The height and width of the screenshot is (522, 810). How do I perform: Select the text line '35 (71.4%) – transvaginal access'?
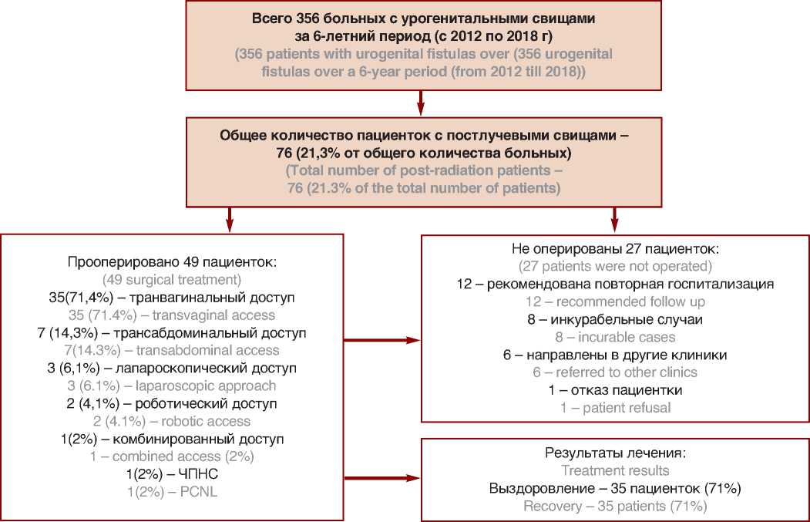tap(173, 315)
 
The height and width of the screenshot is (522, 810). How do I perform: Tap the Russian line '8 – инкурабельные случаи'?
tap(614, 319)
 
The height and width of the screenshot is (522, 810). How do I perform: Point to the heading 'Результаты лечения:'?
tap(614, 453)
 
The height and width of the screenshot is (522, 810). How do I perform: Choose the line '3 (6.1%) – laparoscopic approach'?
tap(173, 385)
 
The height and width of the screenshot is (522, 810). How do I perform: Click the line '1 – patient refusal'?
tap(614, 407)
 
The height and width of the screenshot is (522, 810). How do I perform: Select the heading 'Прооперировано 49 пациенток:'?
tap(173, 262)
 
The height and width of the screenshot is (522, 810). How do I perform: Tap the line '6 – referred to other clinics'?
tap(614, 372)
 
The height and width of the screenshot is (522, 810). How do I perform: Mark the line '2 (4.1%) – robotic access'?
tap(173, 420)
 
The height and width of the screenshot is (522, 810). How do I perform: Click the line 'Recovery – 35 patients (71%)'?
tap(614, 507)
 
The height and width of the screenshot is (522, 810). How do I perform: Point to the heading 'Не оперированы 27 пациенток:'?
tap(614, 249)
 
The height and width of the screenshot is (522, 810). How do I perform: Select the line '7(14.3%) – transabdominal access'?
tap(173, 350)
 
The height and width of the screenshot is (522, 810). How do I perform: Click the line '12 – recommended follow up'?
tap(614, 301)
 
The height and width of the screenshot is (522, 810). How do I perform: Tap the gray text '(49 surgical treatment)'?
tap(173, 279)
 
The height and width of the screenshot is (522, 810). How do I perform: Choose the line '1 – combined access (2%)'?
tap(173, 456)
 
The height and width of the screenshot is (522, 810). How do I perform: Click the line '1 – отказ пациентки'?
tap(614, 390)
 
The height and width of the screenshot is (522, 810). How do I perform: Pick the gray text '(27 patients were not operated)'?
tap(614, 267)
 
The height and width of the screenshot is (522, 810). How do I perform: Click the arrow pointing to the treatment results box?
tap(382, 479)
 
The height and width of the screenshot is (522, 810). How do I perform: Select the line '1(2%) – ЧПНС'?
tap(173, 473)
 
